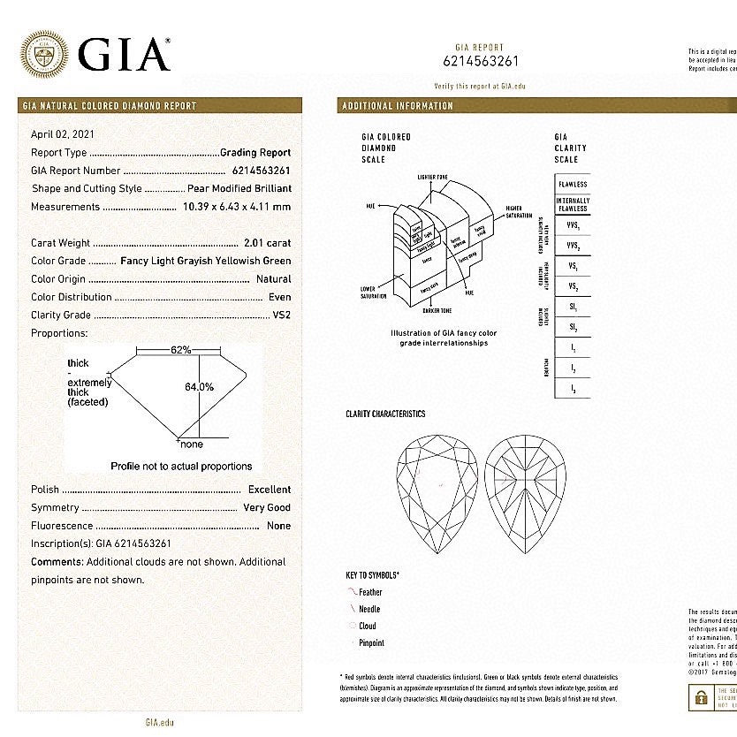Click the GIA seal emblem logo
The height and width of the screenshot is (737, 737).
coord(43,55)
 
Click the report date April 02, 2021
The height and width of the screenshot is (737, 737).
coord(63,134)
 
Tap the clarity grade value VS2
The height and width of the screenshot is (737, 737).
coord(281,315)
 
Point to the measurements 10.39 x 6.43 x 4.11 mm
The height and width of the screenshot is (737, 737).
coord(236,207)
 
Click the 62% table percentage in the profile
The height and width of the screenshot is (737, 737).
coord(181,350)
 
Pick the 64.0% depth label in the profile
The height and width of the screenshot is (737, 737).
coord(200,387)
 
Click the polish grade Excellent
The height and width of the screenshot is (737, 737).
coord(269,490)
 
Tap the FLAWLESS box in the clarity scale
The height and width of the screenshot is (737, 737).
coord(573,185)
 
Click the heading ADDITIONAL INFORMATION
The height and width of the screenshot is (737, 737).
coord(398,106)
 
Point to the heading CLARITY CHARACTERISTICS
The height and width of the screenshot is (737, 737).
coord(385,414)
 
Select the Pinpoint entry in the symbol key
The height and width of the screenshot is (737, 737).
coord(372,643)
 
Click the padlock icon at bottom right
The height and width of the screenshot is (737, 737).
coord(701,698)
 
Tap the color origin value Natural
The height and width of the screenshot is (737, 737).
coord(273,279)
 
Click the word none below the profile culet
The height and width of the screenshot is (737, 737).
coord(191,444)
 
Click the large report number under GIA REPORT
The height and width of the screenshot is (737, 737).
coord(480,62)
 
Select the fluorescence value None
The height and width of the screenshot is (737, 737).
coord(278,526)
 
